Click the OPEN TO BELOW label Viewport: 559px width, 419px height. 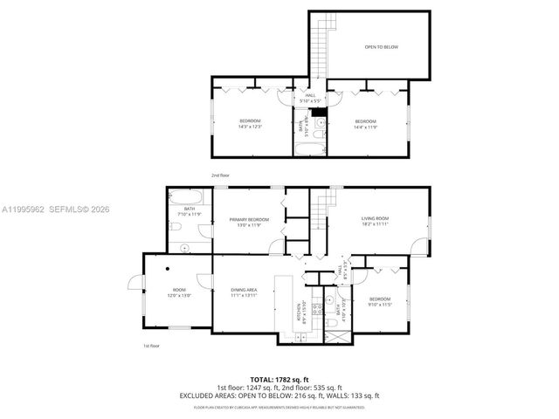[x=381, y=46]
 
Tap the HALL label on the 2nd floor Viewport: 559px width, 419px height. [x=310, y=95]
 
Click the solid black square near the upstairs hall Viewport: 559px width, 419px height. [x=320, y=110]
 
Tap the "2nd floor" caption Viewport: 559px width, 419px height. [x=219, y=175]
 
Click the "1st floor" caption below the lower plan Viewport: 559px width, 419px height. [x=151, y=346]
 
